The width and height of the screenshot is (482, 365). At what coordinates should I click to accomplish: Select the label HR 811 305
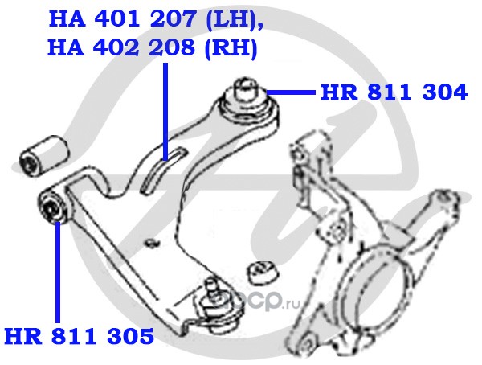tap(78, 334)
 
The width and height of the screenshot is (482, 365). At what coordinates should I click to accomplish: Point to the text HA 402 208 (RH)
tap(153, 48)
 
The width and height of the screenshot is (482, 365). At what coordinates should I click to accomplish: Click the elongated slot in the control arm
tap(161, 166)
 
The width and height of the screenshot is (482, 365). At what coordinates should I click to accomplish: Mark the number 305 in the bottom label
tap(129, 334)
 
